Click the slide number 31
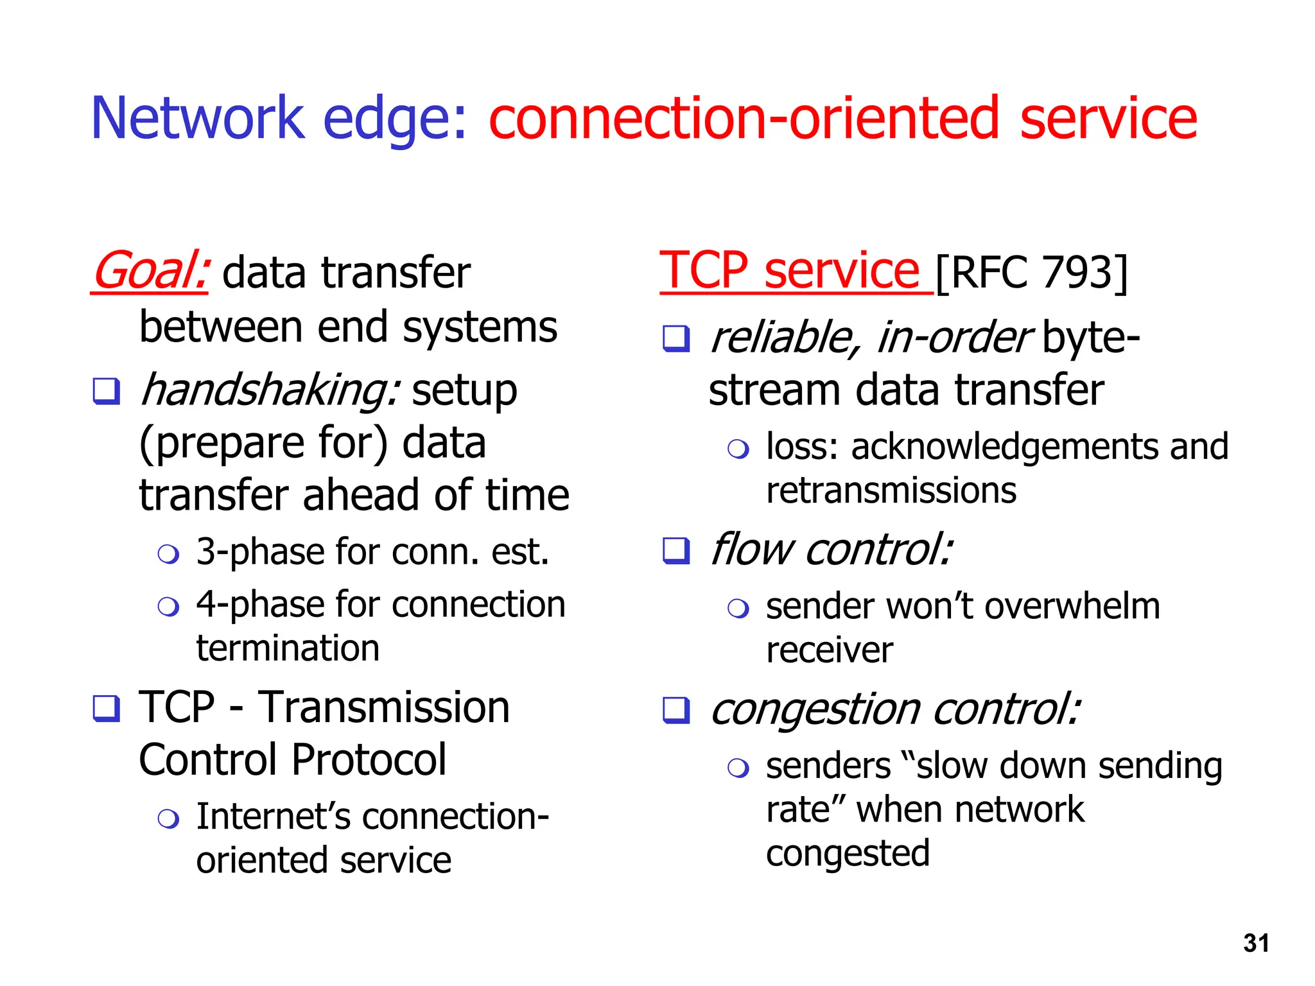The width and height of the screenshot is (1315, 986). tap(1255, 943)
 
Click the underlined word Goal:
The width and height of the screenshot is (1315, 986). tap(150, 272)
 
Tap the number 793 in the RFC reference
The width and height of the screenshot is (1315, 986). tap(1077, 272)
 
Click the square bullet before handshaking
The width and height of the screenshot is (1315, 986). tap(107, 391)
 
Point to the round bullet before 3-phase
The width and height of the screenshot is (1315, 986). tap(168, 553)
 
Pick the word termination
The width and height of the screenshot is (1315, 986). tap(288, 648)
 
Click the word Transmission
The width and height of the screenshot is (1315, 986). tap(383, 707)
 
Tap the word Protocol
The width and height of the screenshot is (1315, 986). tap(369, 760)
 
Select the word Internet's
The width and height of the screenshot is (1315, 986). tap(273, 817)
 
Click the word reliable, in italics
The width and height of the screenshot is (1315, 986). tap(783, 338)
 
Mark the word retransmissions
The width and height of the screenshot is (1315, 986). tap(891, 491)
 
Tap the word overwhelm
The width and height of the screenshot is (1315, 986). tap(1072, 607)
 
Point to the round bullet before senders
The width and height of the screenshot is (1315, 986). tap(738, 768)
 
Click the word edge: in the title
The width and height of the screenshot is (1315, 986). tap(394, 119)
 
